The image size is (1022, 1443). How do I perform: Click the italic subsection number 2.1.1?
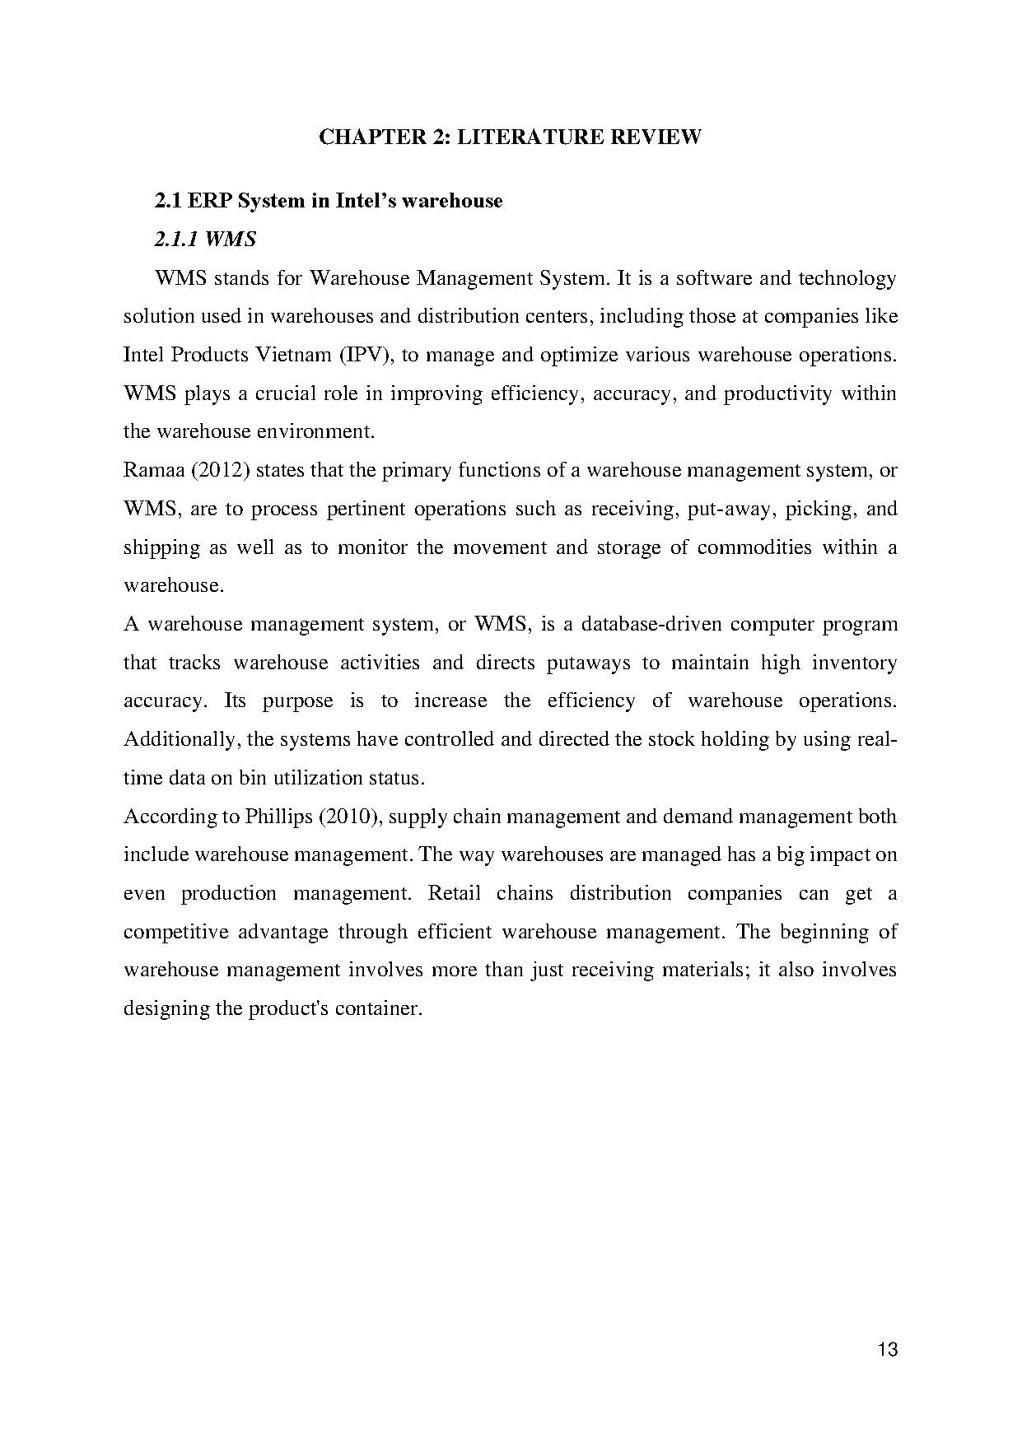click(x=176, y=240)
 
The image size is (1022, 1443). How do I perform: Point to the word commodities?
click(x=754, y=548)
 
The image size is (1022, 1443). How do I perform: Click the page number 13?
click(x=888, y=1350)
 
